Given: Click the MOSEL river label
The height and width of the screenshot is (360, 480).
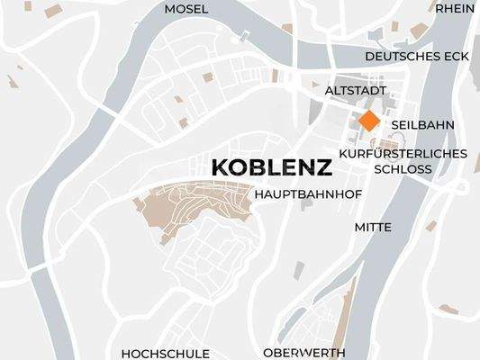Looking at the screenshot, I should click(186, 9).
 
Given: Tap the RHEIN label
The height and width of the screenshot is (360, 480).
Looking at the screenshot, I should click(455, 9).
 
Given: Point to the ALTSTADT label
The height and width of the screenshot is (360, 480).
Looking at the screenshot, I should click(355, 91).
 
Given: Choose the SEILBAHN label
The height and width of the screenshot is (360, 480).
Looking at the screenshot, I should click(422, 124).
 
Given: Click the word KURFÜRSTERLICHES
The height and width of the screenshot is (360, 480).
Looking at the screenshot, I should click(403, 153).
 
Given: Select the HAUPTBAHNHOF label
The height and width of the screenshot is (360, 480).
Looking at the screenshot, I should click(300, 193).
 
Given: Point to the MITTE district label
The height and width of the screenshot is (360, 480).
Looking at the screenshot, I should click(373, 227).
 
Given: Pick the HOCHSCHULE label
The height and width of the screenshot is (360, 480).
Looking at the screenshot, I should click(165, 353).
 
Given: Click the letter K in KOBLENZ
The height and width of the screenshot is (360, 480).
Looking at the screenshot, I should click(217, 167).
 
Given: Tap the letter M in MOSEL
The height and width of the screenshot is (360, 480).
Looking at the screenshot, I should click(170, 9).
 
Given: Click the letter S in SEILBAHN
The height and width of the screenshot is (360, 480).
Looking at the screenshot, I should click(395, 124).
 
